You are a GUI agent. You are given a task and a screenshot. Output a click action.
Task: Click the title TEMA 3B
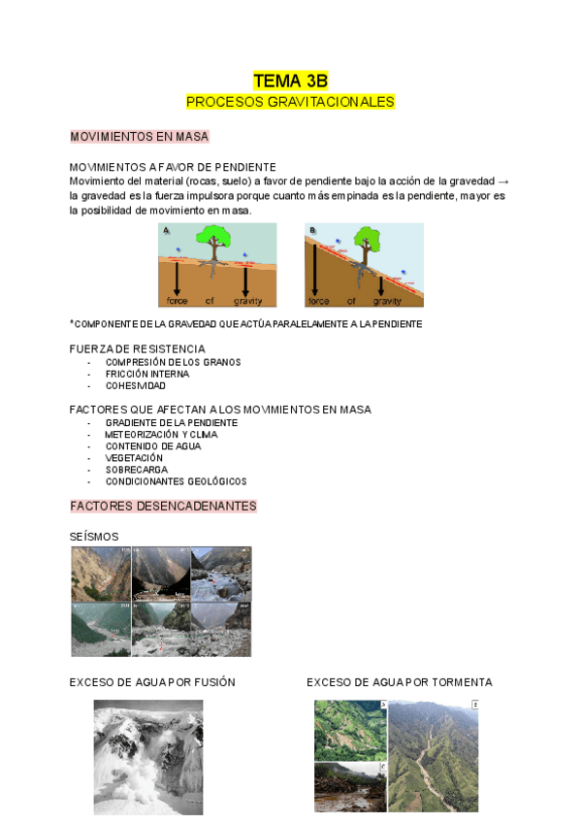290,81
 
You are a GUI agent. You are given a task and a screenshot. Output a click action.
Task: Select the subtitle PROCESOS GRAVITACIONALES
290,102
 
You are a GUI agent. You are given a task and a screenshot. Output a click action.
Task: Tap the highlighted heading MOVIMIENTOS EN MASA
140,137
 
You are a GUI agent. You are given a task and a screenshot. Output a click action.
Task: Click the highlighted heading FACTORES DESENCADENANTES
163,506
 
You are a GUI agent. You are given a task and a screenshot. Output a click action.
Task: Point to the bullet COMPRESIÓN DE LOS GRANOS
173,362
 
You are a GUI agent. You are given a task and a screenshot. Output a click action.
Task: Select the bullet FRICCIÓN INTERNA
147,374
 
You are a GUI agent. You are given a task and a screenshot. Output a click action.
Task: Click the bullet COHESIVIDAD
136,385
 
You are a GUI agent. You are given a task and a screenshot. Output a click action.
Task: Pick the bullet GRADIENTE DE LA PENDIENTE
172,423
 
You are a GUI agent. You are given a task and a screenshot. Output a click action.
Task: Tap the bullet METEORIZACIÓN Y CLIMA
161,435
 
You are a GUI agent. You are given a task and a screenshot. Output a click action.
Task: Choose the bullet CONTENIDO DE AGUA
153,446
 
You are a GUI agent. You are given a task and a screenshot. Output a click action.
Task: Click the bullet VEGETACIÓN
134,458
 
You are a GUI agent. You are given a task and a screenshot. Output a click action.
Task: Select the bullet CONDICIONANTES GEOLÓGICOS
176,481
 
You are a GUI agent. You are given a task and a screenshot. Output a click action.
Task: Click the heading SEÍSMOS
94,537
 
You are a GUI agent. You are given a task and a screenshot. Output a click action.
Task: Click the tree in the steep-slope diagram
366,243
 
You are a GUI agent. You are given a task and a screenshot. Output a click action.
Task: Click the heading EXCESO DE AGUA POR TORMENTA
400,682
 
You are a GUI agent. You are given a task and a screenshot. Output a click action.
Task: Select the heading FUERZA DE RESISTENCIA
138,348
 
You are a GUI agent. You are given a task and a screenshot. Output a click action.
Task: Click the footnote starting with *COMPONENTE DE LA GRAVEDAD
245,324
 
